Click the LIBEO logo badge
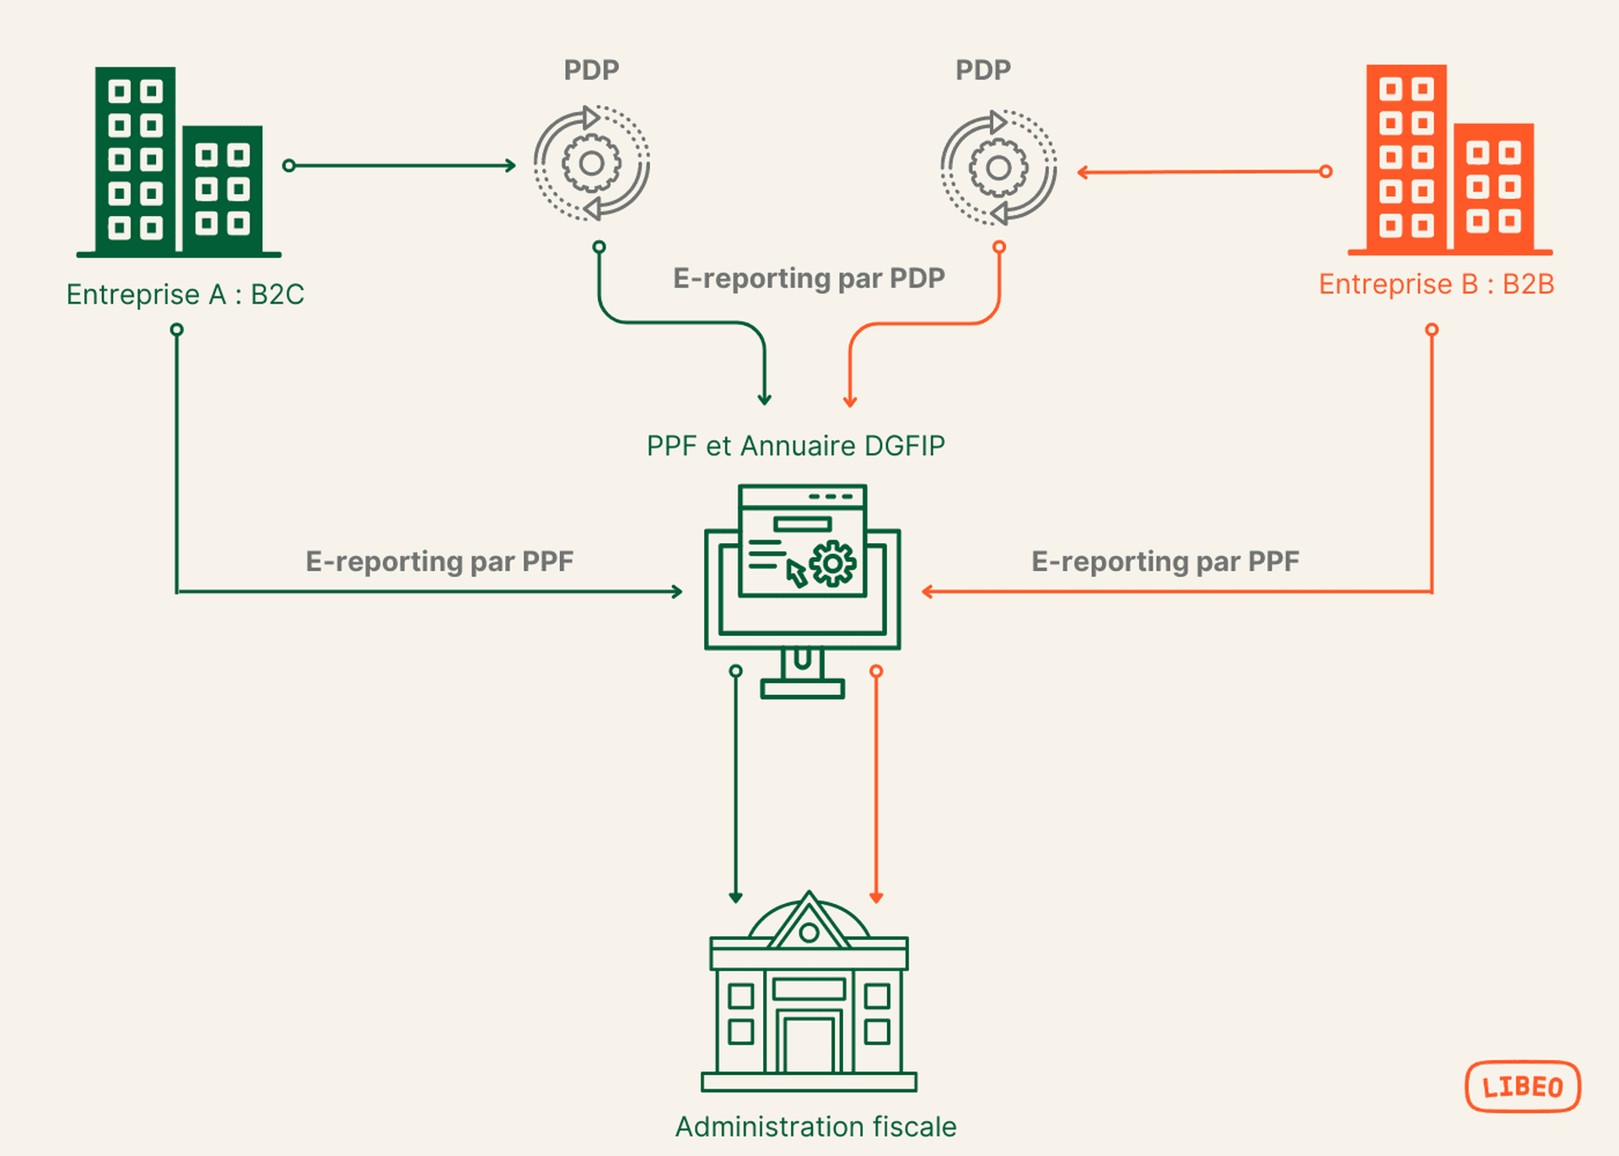coord(1522,1086)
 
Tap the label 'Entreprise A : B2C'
coord(185,294)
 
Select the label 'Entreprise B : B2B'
coord(1436,284)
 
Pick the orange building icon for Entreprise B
coord(1450,160)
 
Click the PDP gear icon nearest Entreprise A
coord(591,163)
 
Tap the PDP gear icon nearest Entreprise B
coord(998,167)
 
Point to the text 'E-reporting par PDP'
coord(808,278)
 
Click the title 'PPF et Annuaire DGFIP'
coord(795,445)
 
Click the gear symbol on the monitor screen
coord(833,563)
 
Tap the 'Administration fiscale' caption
coord(815,1126)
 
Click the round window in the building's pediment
coord(809,933)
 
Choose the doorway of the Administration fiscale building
coord(809,1044)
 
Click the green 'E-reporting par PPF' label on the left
coord(439,562)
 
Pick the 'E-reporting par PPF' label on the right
coord(1164,562)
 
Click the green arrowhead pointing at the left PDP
coord(510,165)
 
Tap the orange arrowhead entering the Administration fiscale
coord(876,897)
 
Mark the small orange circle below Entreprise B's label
coord(1432,330)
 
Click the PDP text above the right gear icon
coord(982,70)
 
